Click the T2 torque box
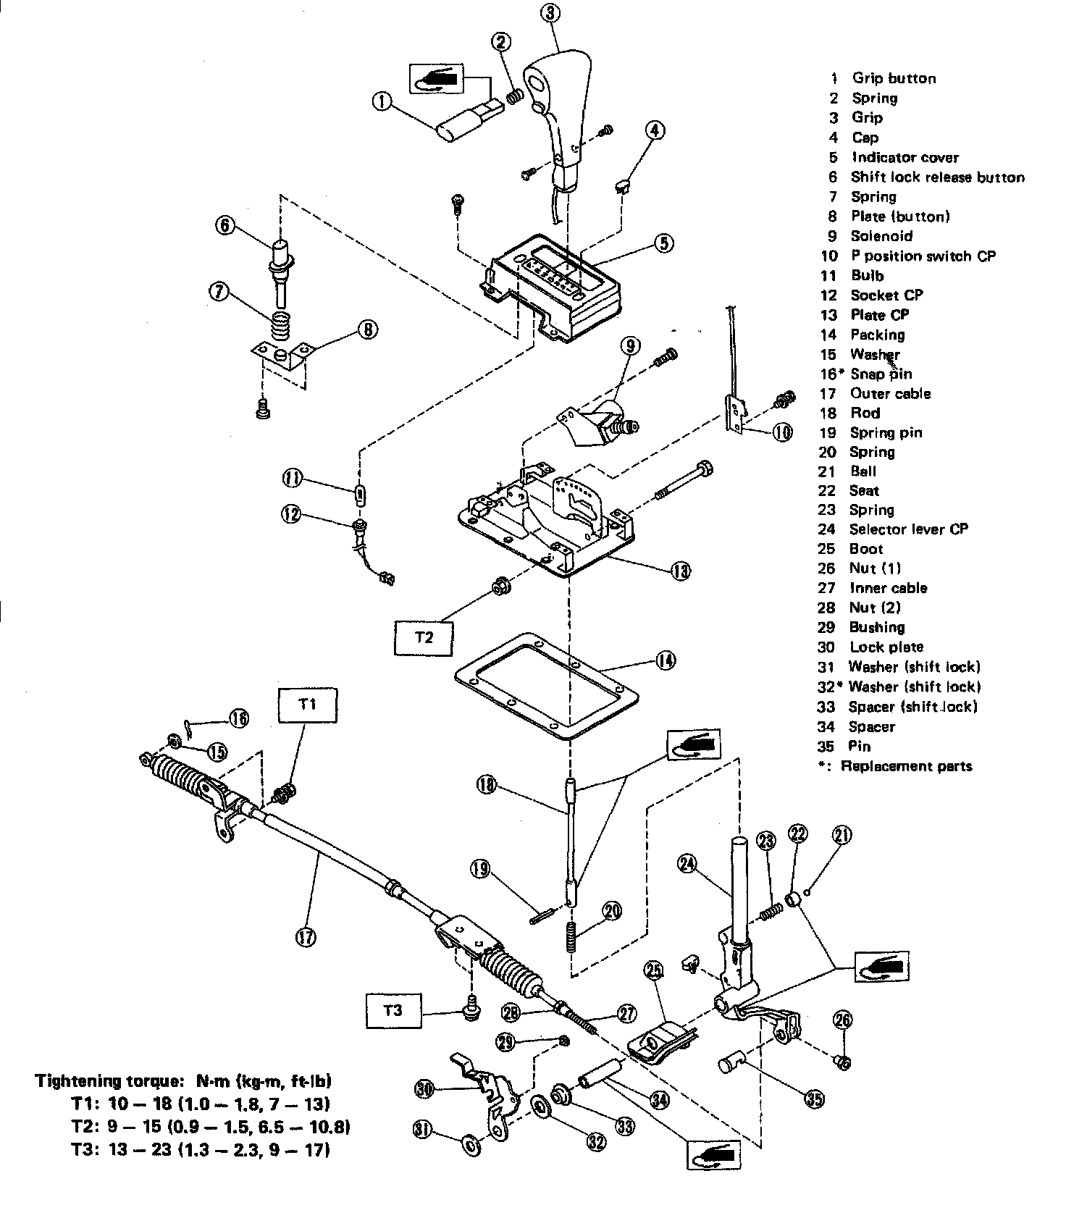(x=424, y=637)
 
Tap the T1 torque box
(x=308, y=704)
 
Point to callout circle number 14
(x=665, y=659)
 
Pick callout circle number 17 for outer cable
(x=306, y=936)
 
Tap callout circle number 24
(x=688, y=863)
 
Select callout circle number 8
(x=367, y=330)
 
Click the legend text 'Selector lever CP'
(x=908, y=529)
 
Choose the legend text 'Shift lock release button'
(x=937, y=177)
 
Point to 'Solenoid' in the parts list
(x=881, y=236)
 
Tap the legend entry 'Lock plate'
(x=886, y=647)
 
